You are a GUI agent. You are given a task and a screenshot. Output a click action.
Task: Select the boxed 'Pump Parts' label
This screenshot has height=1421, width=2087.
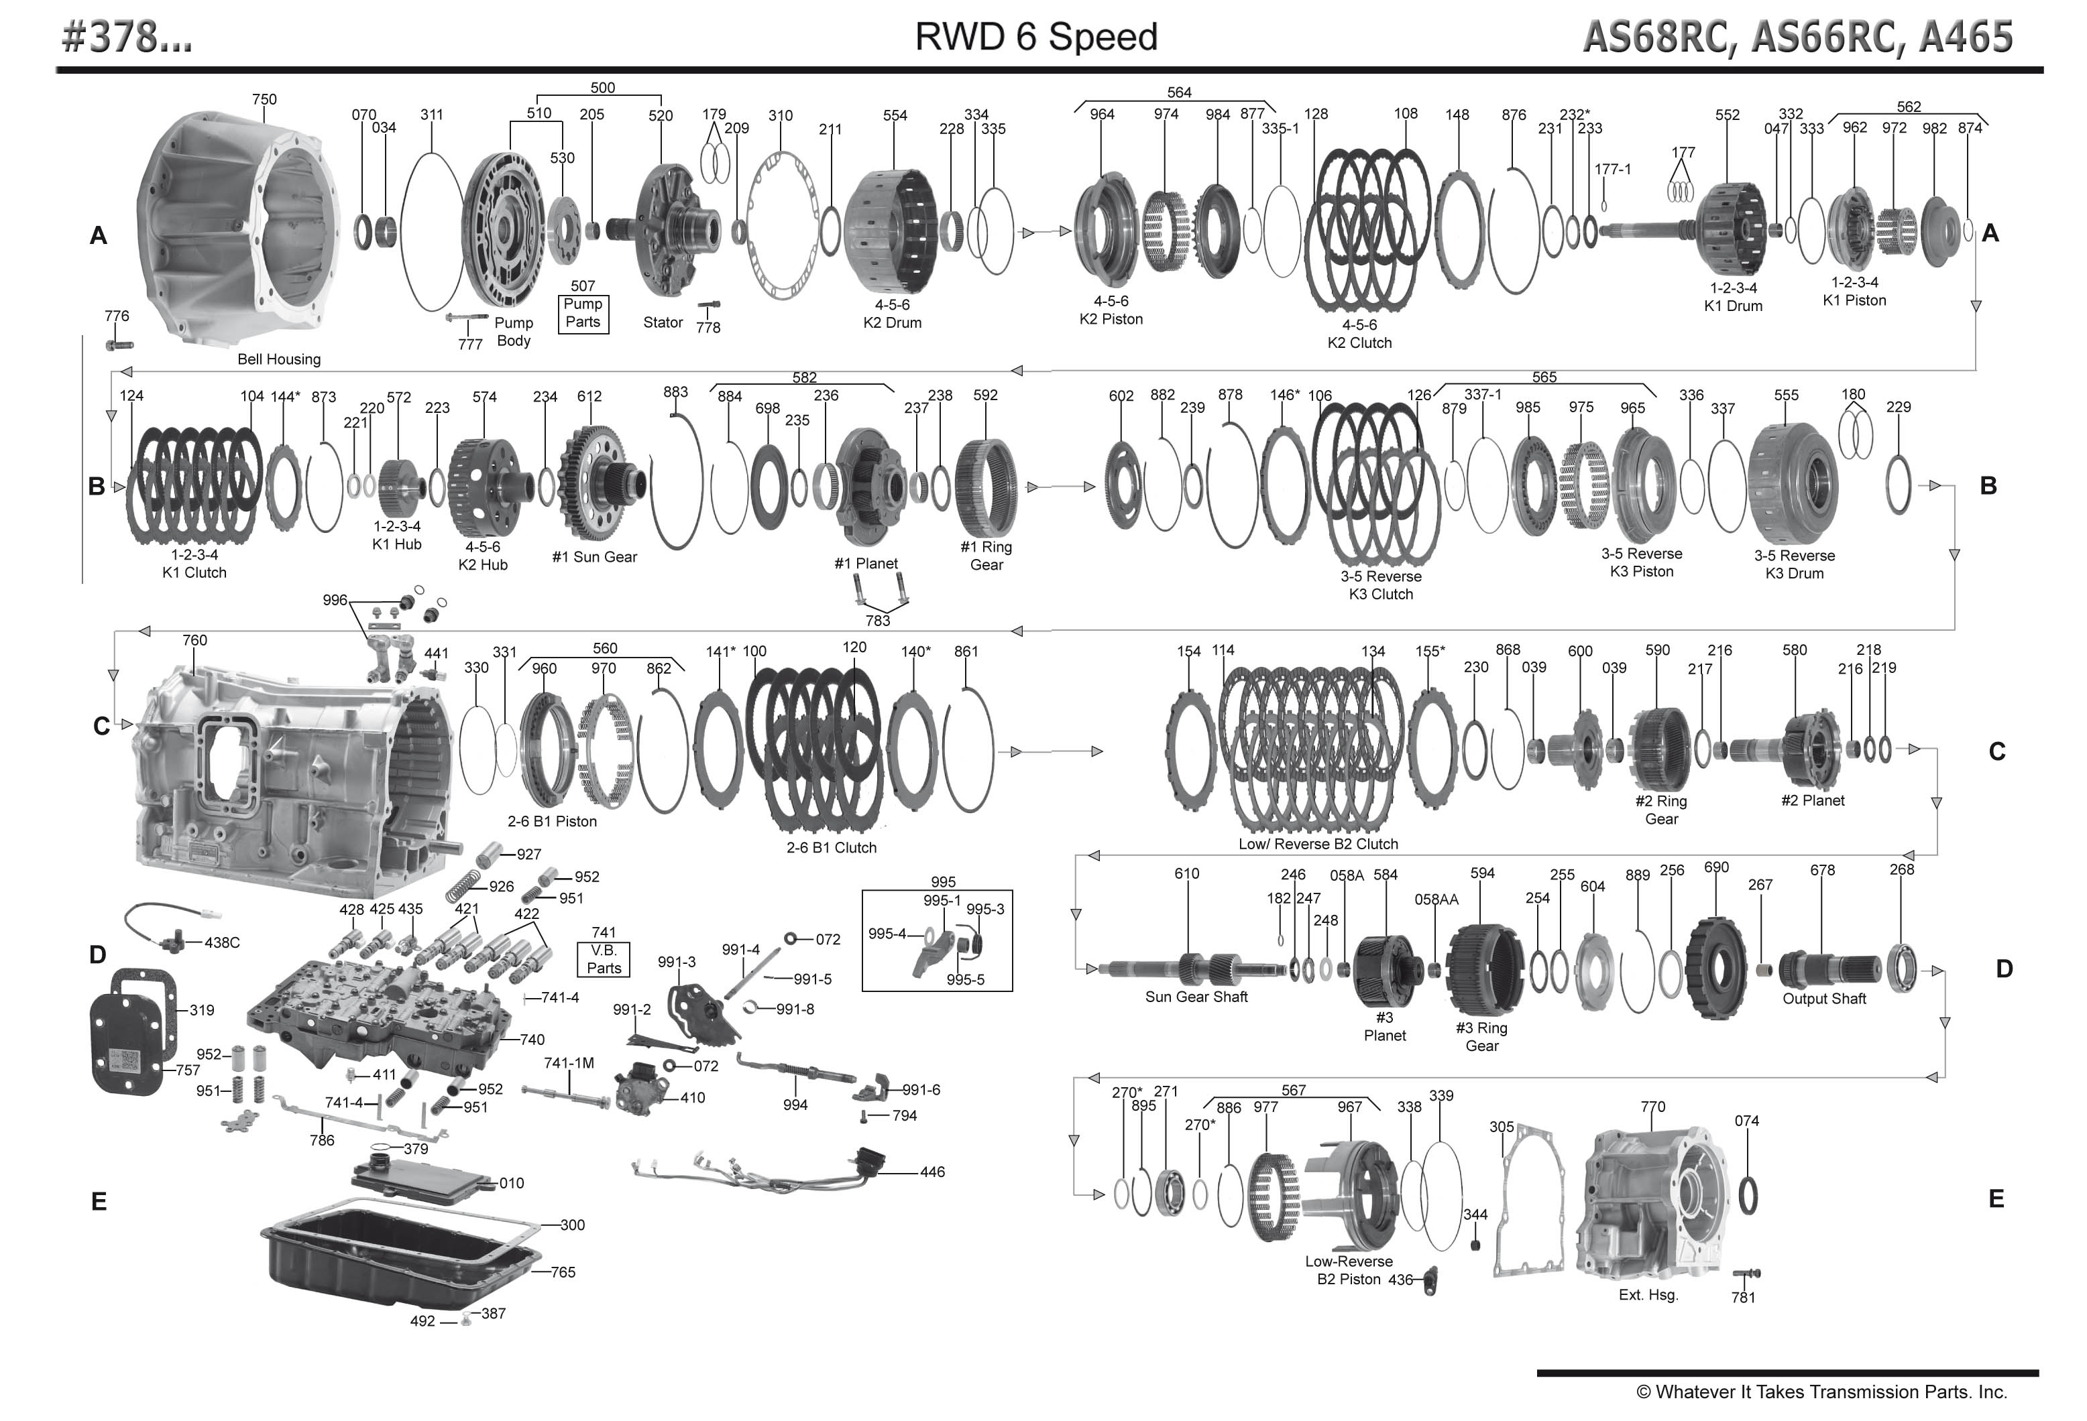583,313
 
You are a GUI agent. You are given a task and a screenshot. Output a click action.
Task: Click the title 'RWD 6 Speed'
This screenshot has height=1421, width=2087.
1035,37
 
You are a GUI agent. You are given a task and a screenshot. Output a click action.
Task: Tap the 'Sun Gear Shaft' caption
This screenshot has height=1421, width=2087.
1196,997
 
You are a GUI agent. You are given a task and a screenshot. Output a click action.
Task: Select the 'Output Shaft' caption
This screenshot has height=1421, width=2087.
1824,998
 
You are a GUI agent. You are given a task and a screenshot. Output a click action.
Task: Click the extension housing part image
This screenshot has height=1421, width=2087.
1652,1203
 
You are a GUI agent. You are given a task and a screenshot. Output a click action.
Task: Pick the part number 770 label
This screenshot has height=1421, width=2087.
1652,1107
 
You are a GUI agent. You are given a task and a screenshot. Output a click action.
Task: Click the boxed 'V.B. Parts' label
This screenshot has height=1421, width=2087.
604,959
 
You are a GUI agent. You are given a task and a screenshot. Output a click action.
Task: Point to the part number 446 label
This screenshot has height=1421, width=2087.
932,1172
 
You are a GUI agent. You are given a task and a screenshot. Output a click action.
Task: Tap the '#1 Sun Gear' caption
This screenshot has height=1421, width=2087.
594,556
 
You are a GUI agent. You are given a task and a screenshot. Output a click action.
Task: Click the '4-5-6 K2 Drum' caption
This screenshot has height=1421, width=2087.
892,313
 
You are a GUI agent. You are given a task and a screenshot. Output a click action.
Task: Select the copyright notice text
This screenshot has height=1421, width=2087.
1821,1392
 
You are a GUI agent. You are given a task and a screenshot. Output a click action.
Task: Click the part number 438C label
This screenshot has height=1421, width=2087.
222,942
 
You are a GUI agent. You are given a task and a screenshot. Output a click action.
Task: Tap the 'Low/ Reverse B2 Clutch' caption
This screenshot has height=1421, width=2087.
1317,844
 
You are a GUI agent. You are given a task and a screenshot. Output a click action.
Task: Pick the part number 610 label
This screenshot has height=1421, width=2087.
1186,873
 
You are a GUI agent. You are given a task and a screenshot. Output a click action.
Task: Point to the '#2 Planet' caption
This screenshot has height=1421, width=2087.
1812,800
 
